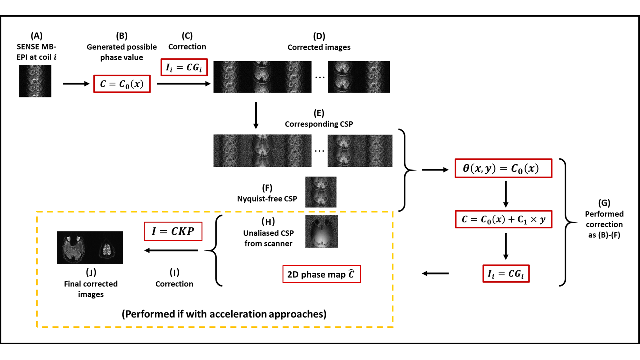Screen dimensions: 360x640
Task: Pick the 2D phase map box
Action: (x=321, y=274)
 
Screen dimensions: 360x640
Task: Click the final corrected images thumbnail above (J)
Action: (x=90, y=247)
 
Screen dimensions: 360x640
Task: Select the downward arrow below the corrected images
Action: (x=256, y=116)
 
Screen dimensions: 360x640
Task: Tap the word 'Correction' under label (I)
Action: (x=174, y=284)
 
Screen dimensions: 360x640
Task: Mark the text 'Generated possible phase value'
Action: (x=122, y=52)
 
